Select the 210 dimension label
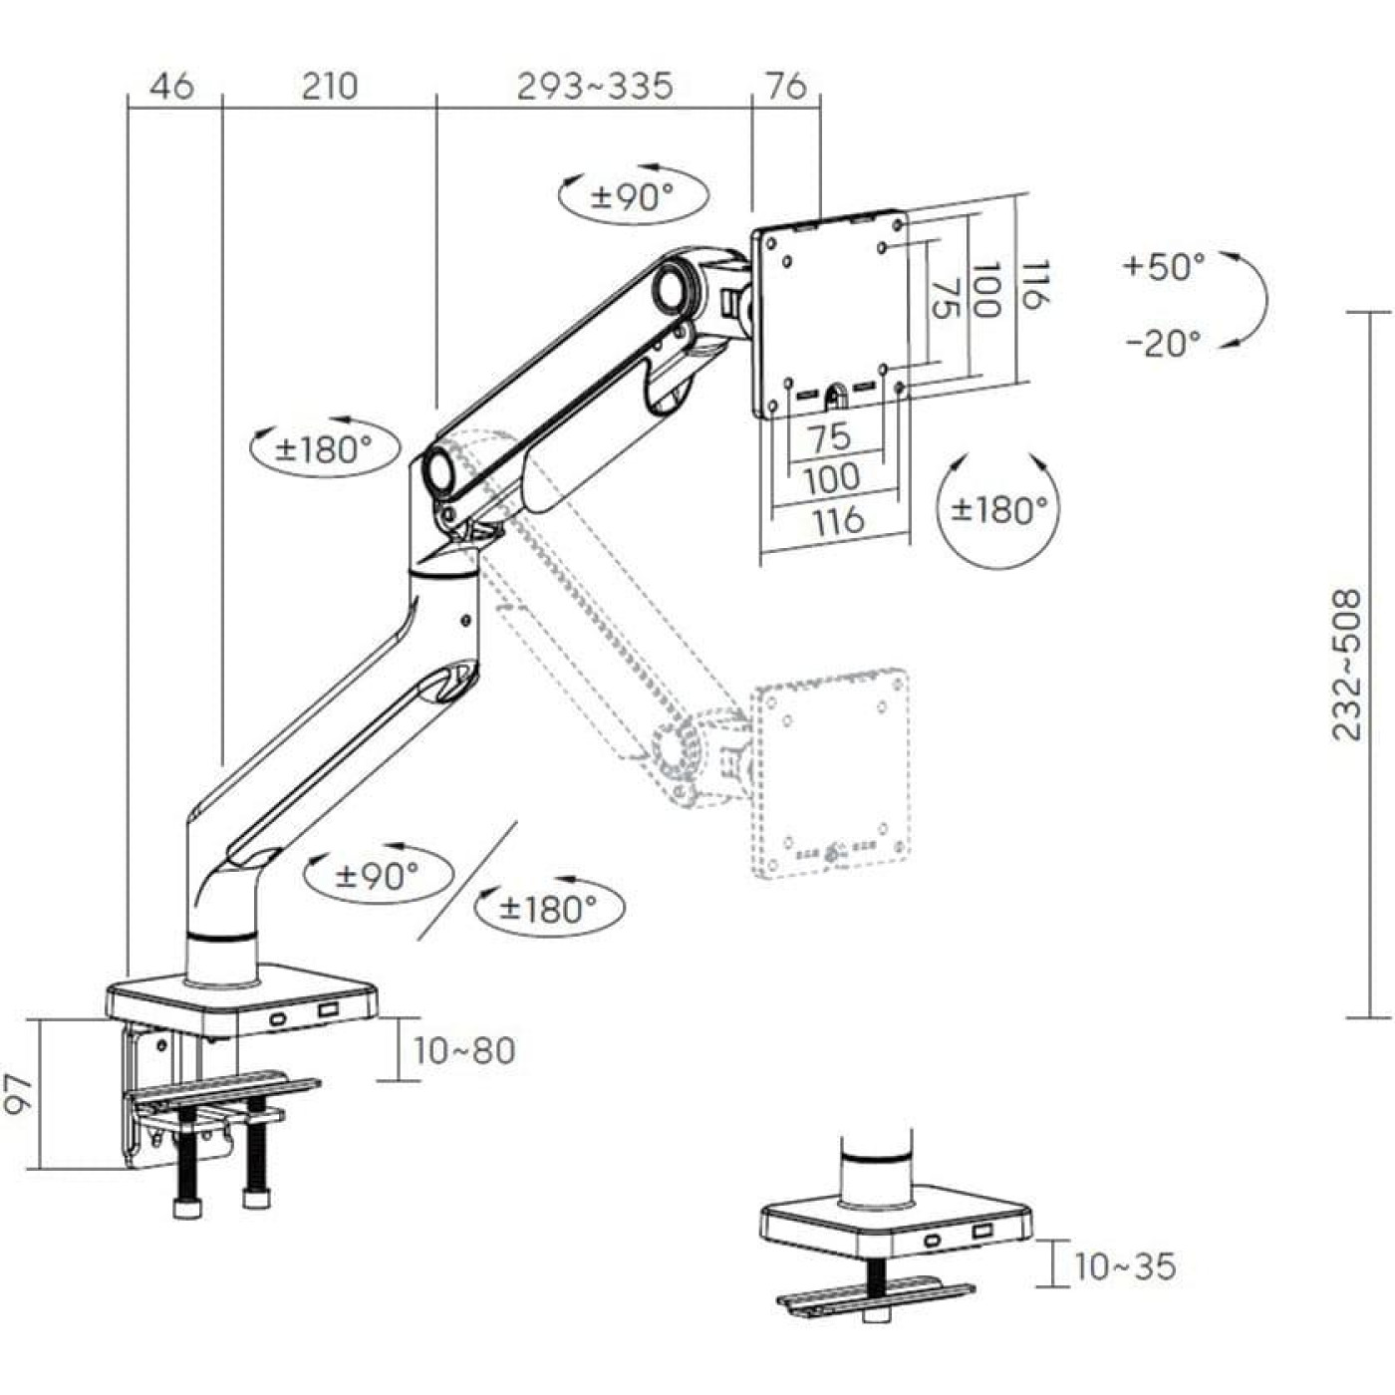point(329,87)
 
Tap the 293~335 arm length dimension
point(595,87)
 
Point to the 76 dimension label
point(785,87)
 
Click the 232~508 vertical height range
point(1347,665)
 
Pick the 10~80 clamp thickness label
point(464,1050)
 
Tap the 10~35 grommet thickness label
point(1124,1266)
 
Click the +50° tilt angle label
point(1164,266)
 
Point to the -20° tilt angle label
point(1164,343)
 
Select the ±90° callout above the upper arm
point(633,196)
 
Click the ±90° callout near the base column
point(378,877)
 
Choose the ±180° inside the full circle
point(999,509)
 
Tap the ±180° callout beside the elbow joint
point(324,449)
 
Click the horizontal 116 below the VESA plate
point(837,520)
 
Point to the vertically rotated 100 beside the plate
point(984,290)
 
